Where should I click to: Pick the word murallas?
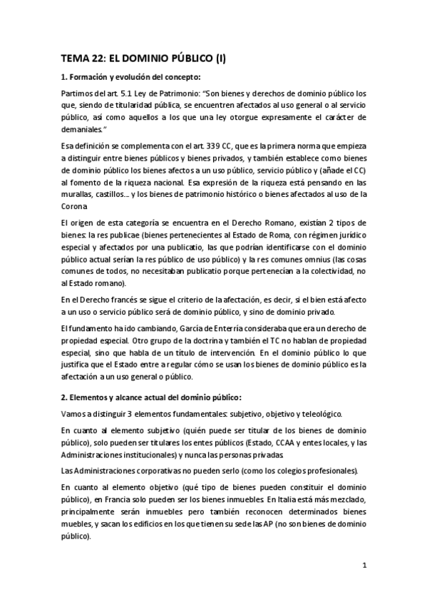pyautogui.click(x=76, y=193)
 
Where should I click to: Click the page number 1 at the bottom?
pyautogui.click(x=364, y=567)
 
